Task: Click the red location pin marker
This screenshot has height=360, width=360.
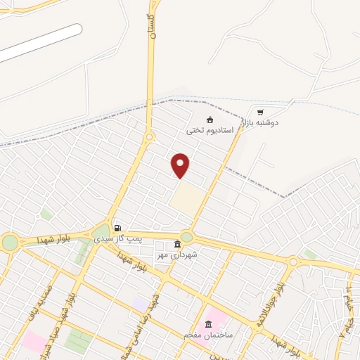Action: (x=181, y=165)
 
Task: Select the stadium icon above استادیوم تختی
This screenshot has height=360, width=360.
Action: (x=210, y=118)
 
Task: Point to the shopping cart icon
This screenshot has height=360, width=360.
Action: (x=260, y=112)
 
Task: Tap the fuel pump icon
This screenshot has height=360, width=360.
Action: (x=117, y=228)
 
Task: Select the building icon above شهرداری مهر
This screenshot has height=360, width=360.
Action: (x=177, y=243)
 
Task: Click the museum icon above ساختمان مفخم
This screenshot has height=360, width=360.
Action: (x=208, y=324)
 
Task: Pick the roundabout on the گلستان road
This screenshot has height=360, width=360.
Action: (x=149, y=136)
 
